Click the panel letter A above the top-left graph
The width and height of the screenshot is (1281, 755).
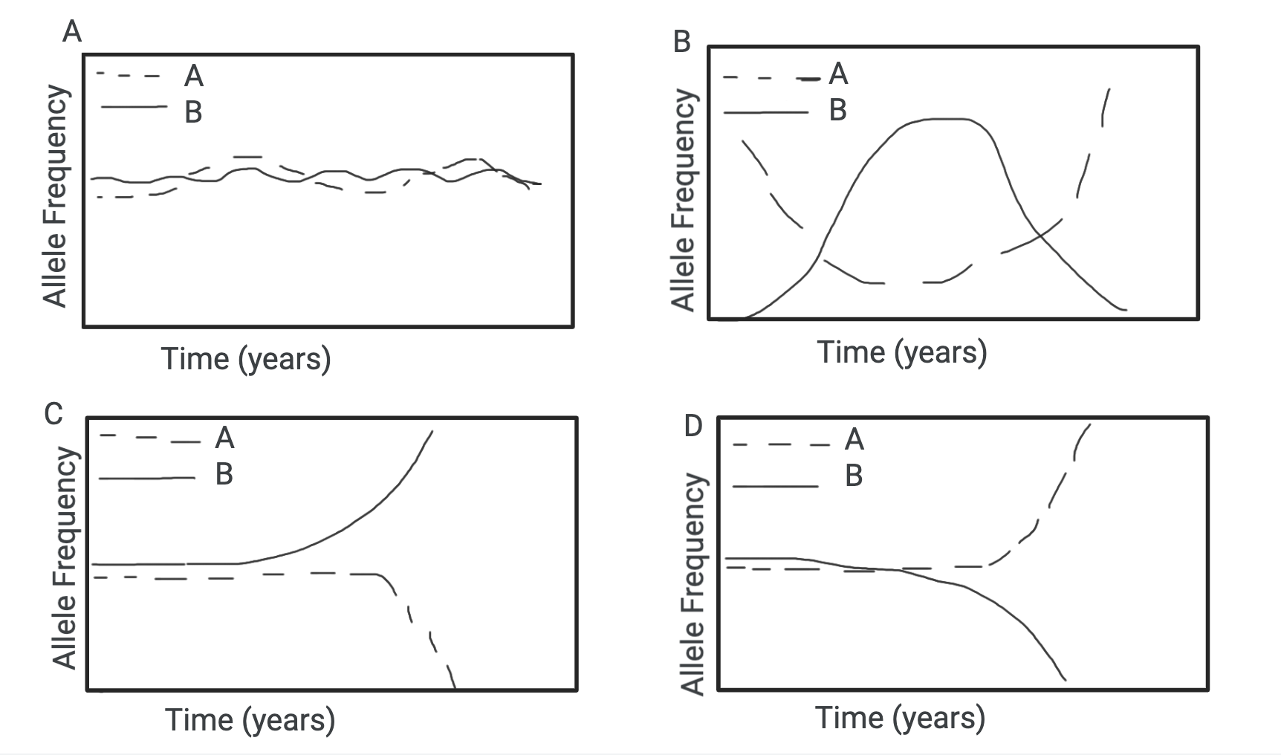tap(72, 32)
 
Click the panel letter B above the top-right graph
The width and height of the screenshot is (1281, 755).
tap(681, 42)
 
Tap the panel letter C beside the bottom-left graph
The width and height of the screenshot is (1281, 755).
tap(53, 413)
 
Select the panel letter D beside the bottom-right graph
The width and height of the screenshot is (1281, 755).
tap(693, 427)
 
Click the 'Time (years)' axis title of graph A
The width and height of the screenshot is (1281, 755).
tap(246, 359)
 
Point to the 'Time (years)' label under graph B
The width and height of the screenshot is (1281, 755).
tap(902, 351)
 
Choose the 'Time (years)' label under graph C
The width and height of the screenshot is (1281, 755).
tap(250, 719)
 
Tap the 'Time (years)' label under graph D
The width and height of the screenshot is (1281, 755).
tap(900, 718)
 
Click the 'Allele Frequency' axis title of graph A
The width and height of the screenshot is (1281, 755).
tap(55, 195)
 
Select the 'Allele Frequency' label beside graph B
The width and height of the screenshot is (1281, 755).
tap(682, 199)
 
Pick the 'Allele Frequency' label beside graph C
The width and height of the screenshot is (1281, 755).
tap(65, 557)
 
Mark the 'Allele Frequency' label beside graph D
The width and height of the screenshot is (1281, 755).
tap(692, 583)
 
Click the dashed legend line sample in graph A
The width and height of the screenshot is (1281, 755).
tap(129, 75)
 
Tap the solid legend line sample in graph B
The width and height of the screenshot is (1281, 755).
tap(765, 112)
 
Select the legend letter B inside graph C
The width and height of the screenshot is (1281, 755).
tap(224, 473)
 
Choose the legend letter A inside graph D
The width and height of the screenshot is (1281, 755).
tap(854, 440)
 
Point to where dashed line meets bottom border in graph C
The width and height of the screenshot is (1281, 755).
tap(453, 688)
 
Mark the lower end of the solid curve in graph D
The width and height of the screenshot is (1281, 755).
tap(1065, 678)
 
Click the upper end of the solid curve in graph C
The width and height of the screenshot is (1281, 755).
tap(432, 431)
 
